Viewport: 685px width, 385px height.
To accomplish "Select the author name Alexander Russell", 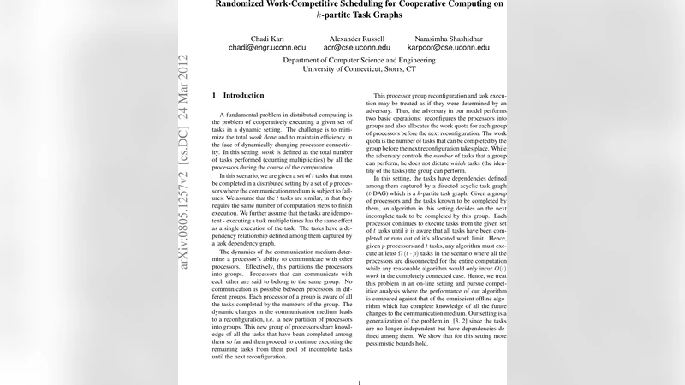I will (x=356, y=38).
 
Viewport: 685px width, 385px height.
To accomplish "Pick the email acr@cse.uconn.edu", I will (x=356, y=49).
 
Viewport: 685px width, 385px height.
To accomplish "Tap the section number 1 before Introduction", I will (x=214, y=95).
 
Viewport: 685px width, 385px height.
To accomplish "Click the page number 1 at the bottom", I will (x=360, y=382).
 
